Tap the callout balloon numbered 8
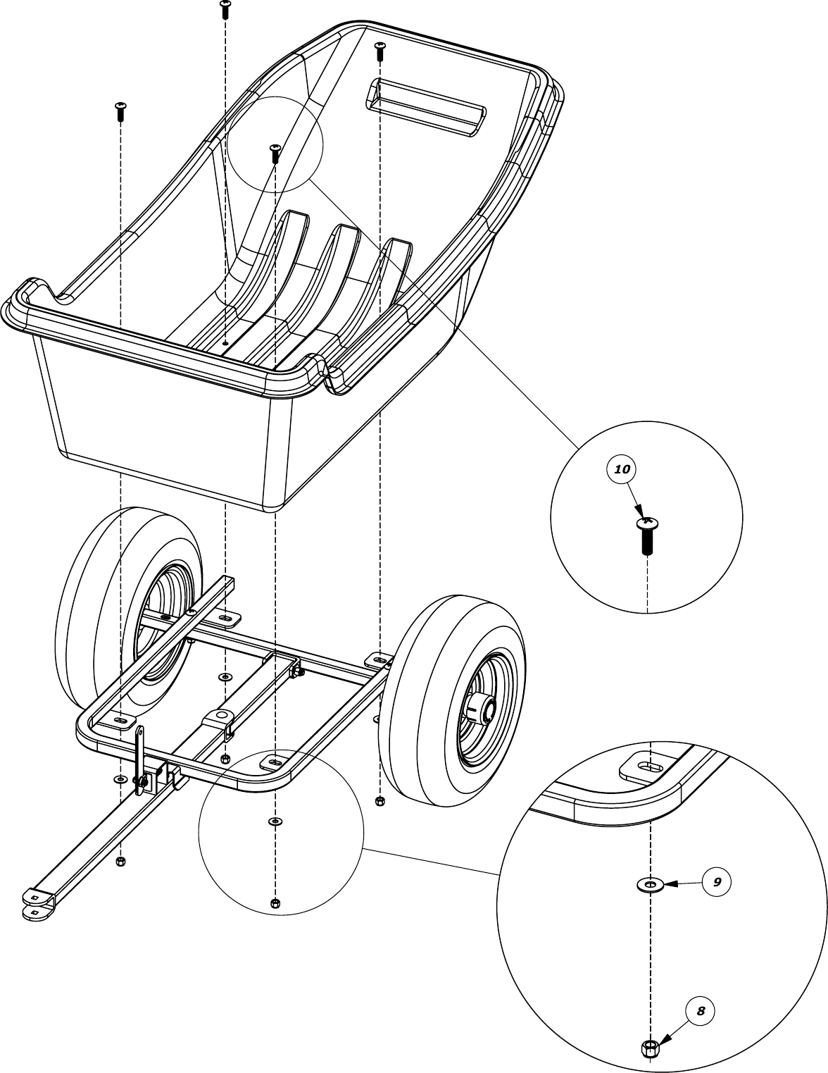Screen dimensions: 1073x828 (x=700, y=1011)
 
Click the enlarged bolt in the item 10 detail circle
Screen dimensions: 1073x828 (x=647, y=535)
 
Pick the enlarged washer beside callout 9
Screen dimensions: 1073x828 (x=651, y=883)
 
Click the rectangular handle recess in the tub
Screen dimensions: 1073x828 (x=425, y=106)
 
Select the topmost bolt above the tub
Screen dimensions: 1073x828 (x=225, y=9)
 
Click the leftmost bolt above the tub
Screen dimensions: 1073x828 (x=120, y=109)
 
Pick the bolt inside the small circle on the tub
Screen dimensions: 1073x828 (x=275, y=152)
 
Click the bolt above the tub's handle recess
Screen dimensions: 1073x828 (x=379, y=50)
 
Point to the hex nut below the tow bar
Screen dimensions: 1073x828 (x=120, y=862)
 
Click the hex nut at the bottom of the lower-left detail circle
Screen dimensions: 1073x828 (x=275, y=904)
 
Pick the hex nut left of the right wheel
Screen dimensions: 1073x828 (x=380, y=800)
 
